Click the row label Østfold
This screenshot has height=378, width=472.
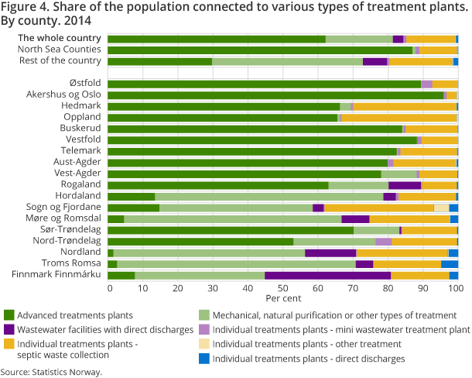[x=85, y=84]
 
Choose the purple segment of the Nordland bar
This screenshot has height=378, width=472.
[x=330, y=253]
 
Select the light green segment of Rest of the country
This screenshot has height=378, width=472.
[x=287, y=61]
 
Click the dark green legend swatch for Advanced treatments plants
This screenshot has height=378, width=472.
[x=9, y=314]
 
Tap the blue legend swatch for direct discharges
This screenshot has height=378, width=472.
[x=205, y=359]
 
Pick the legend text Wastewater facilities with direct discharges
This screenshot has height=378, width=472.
[x=105, y=329]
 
